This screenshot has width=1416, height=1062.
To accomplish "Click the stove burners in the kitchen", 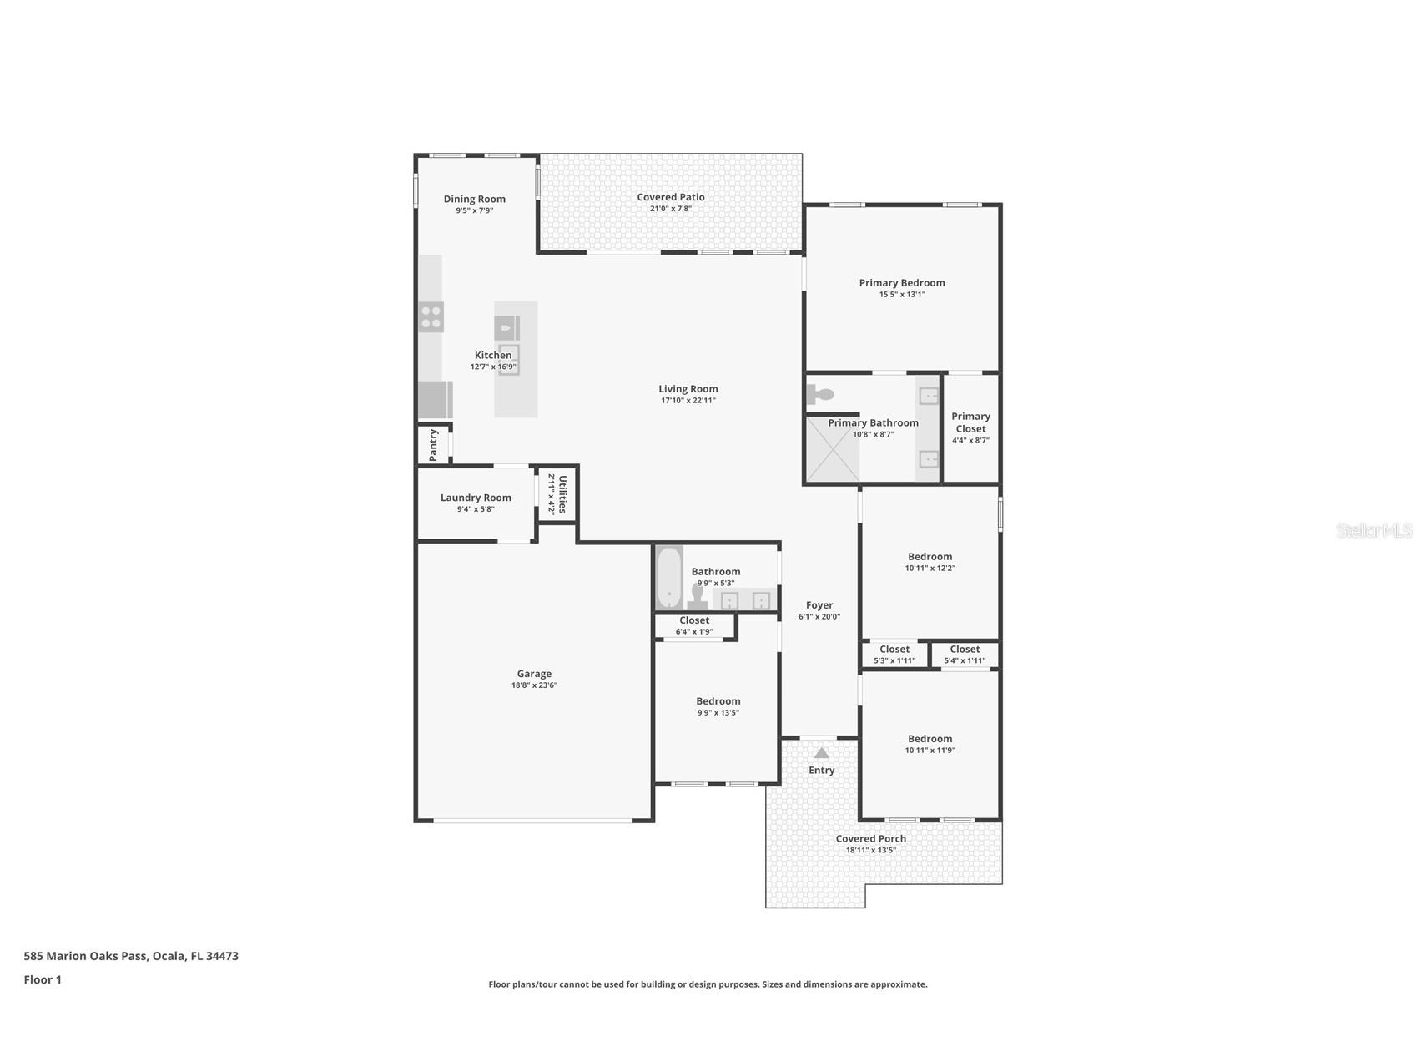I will click(431, 317).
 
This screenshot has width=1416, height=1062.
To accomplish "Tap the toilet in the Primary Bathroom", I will click(820, 394).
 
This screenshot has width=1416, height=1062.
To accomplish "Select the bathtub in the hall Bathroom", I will click(668, 578).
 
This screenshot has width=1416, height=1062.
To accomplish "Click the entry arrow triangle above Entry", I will click(821, 753).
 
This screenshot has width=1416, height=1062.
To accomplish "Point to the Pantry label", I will click(433, 445).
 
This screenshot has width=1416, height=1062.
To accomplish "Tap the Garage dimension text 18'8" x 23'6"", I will click(534, 685).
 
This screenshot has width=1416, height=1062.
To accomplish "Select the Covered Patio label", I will click(671, 197).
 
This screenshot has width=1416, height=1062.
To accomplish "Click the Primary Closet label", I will click(970, 422).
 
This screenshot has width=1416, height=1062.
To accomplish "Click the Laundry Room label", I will click(476, 498).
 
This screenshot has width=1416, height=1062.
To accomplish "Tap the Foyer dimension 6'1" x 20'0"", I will click(819, 617).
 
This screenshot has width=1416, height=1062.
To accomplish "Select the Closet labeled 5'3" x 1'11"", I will click(894, 654).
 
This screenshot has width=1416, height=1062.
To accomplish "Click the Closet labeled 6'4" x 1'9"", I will click(694, 625).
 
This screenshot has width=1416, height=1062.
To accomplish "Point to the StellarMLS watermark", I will click(1373, 530).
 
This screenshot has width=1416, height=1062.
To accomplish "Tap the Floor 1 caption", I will click(43, 979).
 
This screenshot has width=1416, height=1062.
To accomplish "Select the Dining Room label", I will click(474, 199).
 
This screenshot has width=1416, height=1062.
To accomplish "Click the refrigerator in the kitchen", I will click(435, 400).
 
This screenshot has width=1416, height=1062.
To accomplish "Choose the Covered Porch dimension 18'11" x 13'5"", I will click(870, 851).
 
